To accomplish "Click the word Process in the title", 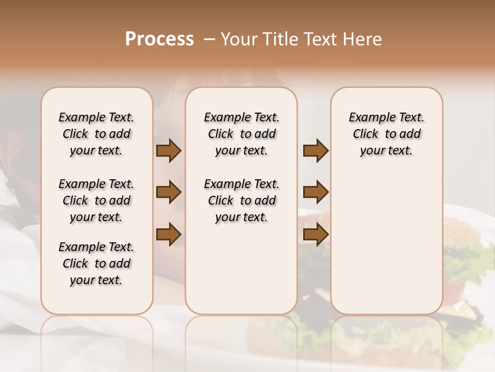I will coord(159,39).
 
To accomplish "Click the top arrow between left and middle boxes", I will coord(169,151).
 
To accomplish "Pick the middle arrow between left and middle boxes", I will coord(169,192).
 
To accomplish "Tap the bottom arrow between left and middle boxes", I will coord(169,234).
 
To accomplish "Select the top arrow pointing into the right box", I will coord(316,151).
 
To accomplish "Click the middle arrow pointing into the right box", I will coord(316,192).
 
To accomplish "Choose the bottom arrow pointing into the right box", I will coord(316,234).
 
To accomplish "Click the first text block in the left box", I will coord(96,134).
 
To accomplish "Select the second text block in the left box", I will coord(96,200).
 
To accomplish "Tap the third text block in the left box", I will coord(96,263).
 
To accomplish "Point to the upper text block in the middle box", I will coord(241,134).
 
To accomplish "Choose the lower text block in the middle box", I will coord(241,200).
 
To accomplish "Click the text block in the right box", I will coord(386,134).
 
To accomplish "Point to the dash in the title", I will coord(209,39).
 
